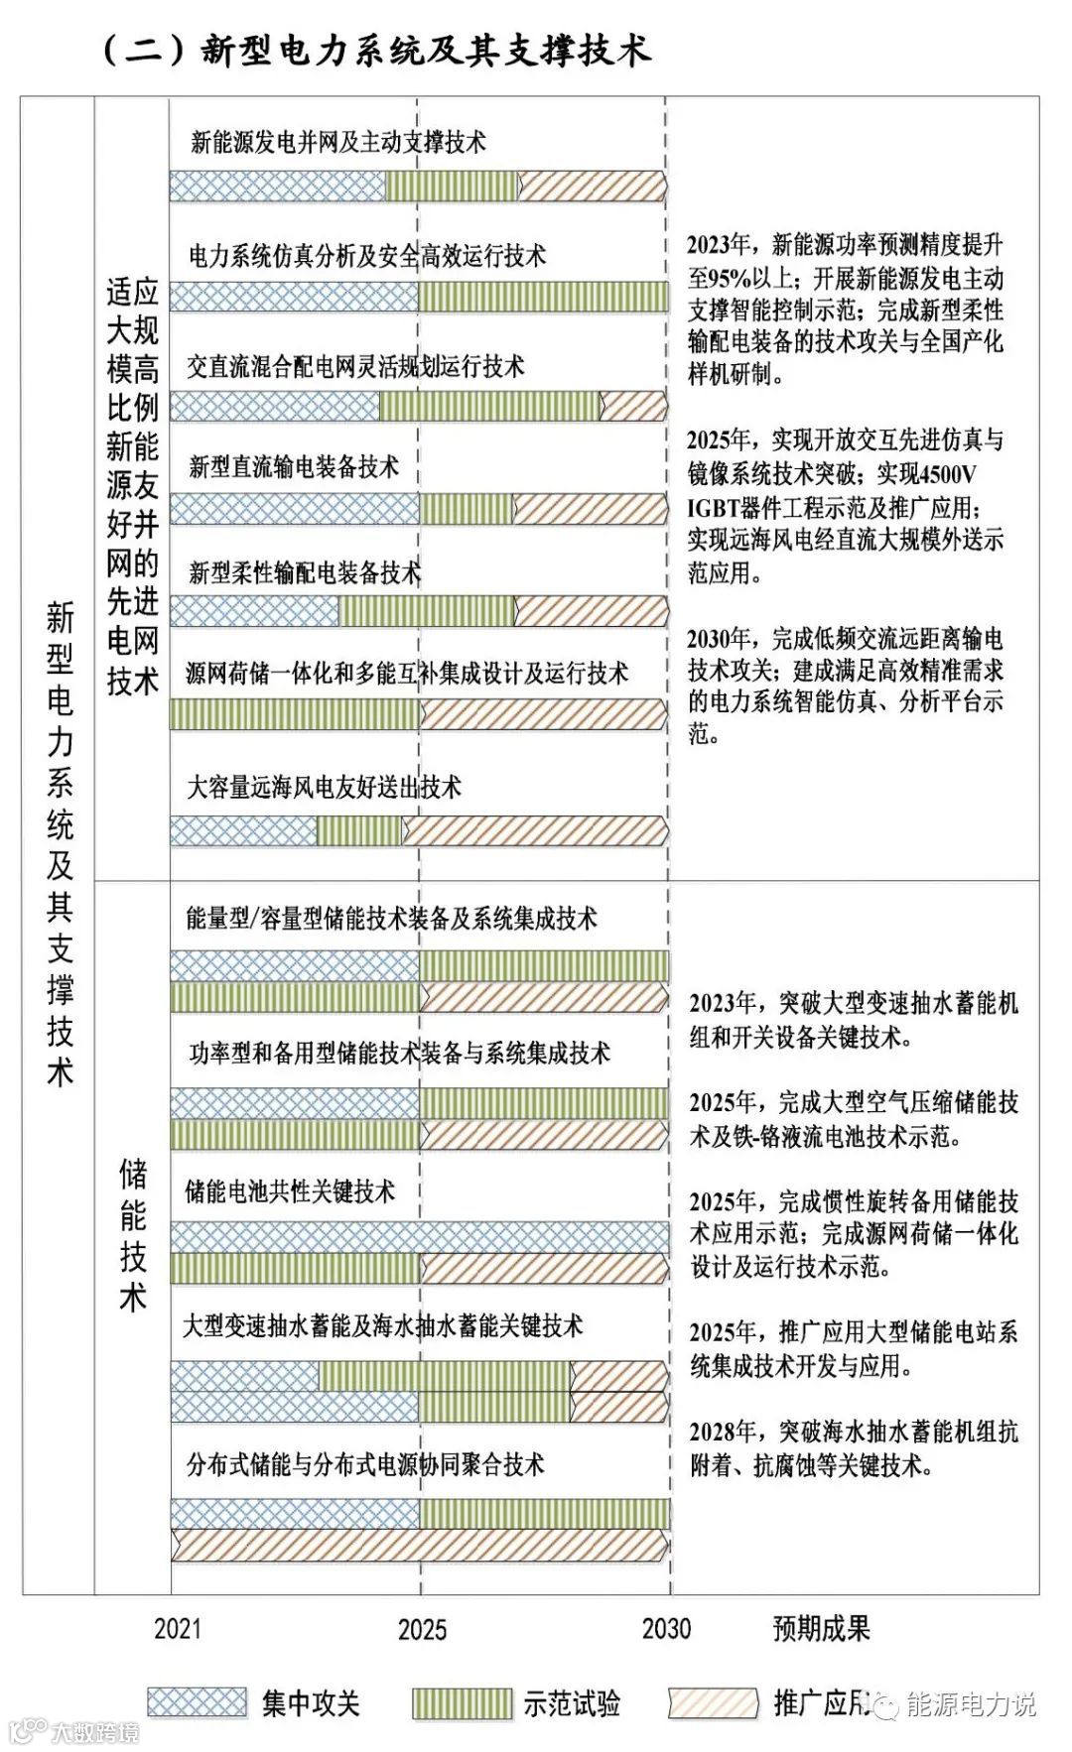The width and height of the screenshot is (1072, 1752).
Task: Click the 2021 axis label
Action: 178,1628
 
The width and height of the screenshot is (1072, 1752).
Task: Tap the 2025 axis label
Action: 422,1629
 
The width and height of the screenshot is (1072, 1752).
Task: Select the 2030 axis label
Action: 666,1628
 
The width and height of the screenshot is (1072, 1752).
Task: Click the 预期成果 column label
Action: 821,1628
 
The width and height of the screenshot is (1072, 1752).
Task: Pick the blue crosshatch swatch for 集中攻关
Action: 197,1702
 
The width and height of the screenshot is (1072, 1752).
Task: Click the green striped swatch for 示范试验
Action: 463,1703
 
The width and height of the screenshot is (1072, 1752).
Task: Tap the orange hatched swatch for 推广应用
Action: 714,1703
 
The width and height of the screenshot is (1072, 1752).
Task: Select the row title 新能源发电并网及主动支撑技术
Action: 338,143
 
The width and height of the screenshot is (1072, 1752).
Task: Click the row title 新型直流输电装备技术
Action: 294,466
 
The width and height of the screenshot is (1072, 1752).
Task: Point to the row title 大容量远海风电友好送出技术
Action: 325,788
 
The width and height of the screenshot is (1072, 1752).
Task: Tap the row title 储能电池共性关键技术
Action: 290,1190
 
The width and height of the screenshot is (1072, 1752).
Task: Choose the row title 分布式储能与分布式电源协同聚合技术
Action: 365,1464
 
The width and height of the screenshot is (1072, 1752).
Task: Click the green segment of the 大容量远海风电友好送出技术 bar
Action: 359,831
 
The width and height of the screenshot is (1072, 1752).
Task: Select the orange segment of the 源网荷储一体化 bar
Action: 543,714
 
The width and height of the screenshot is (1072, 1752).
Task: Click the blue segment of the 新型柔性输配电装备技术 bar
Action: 255,611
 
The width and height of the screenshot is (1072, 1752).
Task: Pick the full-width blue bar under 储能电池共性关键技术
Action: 419,1237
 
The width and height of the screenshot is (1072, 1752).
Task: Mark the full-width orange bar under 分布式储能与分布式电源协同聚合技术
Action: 419,1545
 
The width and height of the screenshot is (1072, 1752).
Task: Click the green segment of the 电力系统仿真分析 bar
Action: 543,296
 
